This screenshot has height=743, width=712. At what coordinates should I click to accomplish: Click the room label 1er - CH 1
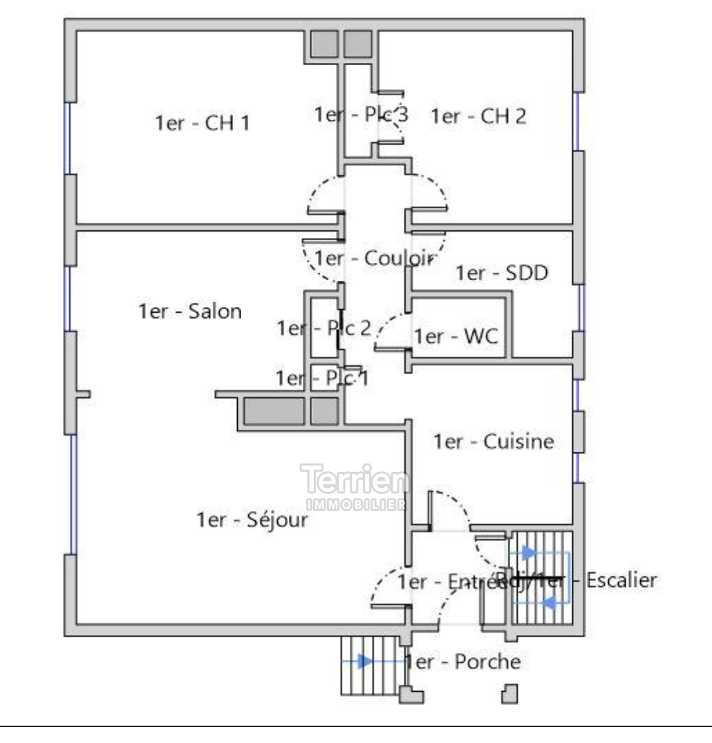coord(202,123)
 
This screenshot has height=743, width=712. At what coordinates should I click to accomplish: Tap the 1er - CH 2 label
coord(478,116)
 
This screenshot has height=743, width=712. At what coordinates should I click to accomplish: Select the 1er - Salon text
coord(190,311)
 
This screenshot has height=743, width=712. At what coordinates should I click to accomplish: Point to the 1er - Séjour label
coord(252,520)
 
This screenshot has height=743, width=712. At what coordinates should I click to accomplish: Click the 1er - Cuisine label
coord(493,441)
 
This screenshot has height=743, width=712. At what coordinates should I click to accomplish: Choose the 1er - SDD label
coord(501,273)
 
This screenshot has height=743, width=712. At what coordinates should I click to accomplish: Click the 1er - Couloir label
coord(373,259)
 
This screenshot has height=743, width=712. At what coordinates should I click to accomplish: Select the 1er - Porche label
coord(463,662)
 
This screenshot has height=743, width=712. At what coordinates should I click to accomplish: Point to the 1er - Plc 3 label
coord(361,115)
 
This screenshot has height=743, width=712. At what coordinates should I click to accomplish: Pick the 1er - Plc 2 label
coord(324,328)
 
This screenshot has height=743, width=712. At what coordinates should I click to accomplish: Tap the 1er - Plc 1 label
coord(322,378)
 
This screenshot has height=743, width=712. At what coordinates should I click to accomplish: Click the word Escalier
coord(621,580)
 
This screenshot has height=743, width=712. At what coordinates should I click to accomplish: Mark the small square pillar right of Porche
coord(510,693)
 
